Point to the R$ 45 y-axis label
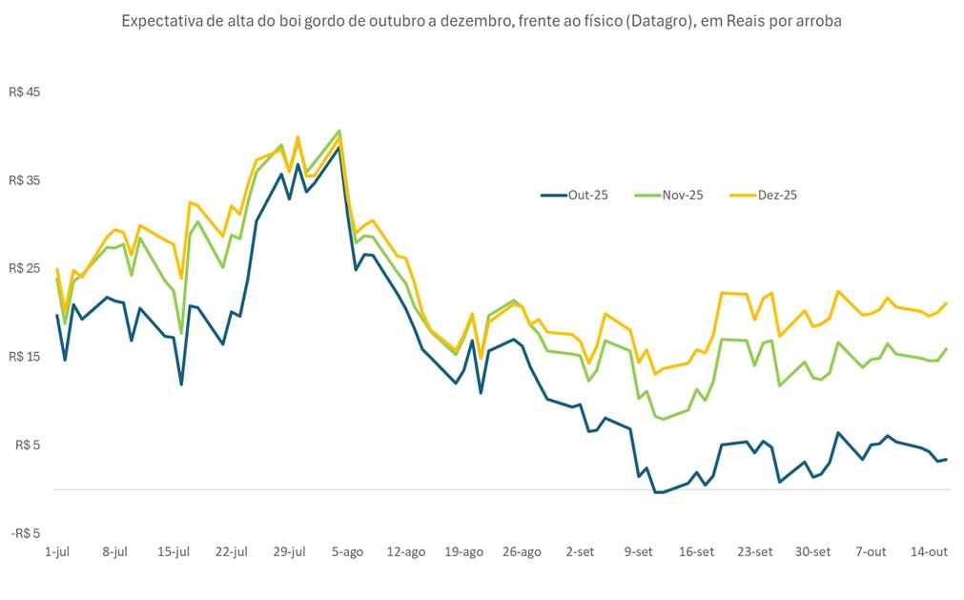(x=27, y=93)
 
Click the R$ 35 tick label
(x=27, y=180)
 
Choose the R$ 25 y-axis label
(x=27, y=268)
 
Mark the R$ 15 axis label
(x=27, y=357)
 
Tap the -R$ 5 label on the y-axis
(x=27, y=532)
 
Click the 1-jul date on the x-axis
(x=57, y=551)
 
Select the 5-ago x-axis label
(x=347, y=551)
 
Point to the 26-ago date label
(x=522, y=551)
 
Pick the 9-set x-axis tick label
(x=638, y=551)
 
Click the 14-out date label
(x=929, y=551)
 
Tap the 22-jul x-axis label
(x=231, y=551)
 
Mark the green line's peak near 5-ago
(x=339, y=131)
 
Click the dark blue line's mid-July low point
(x=181, y=383)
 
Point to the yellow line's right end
(x=946, y=303)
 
